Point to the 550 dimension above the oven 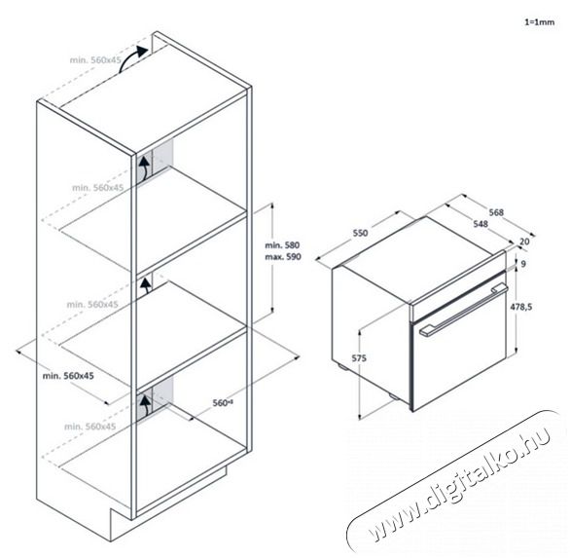pyautogui.click(x=360, y=234)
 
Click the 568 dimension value pyautogui.click(x=496, y=212)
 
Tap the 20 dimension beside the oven pyautogui.click(x=525, y=242)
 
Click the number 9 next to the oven pyautogui.click(x=522, y=263)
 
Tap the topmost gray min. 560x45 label pyautogui.click(x=96, y=59)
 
